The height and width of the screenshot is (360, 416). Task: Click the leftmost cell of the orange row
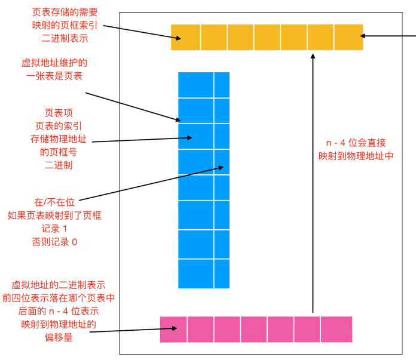click(185, 37)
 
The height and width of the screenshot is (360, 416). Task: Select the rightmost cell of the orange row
click(348, 37)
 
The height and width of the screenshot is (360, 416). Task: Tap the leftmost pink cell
click(173, 329)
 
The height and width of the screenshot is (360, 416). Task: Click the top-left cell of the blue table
click(195, 84)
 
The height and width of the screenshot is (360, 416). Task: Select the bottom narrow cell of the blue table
click(222, 274)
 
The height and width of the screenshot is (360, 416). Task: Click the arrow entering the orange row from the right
click(389, 36)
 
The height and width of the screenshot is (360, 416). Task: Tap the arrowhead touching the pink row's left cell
click(174, 328)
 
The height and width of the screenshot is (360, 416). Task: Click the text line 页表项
click(59, 112)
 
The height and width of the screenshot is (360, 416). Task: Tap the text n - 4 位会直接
click(356, 143)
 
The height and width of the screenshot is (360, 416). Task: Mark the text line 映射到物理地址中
click(356, 156)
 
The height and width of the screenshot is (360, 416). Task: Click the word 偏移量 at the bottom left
click(58, 338)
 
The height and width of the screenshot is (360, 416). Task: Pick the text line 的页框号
click(59, 152)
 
